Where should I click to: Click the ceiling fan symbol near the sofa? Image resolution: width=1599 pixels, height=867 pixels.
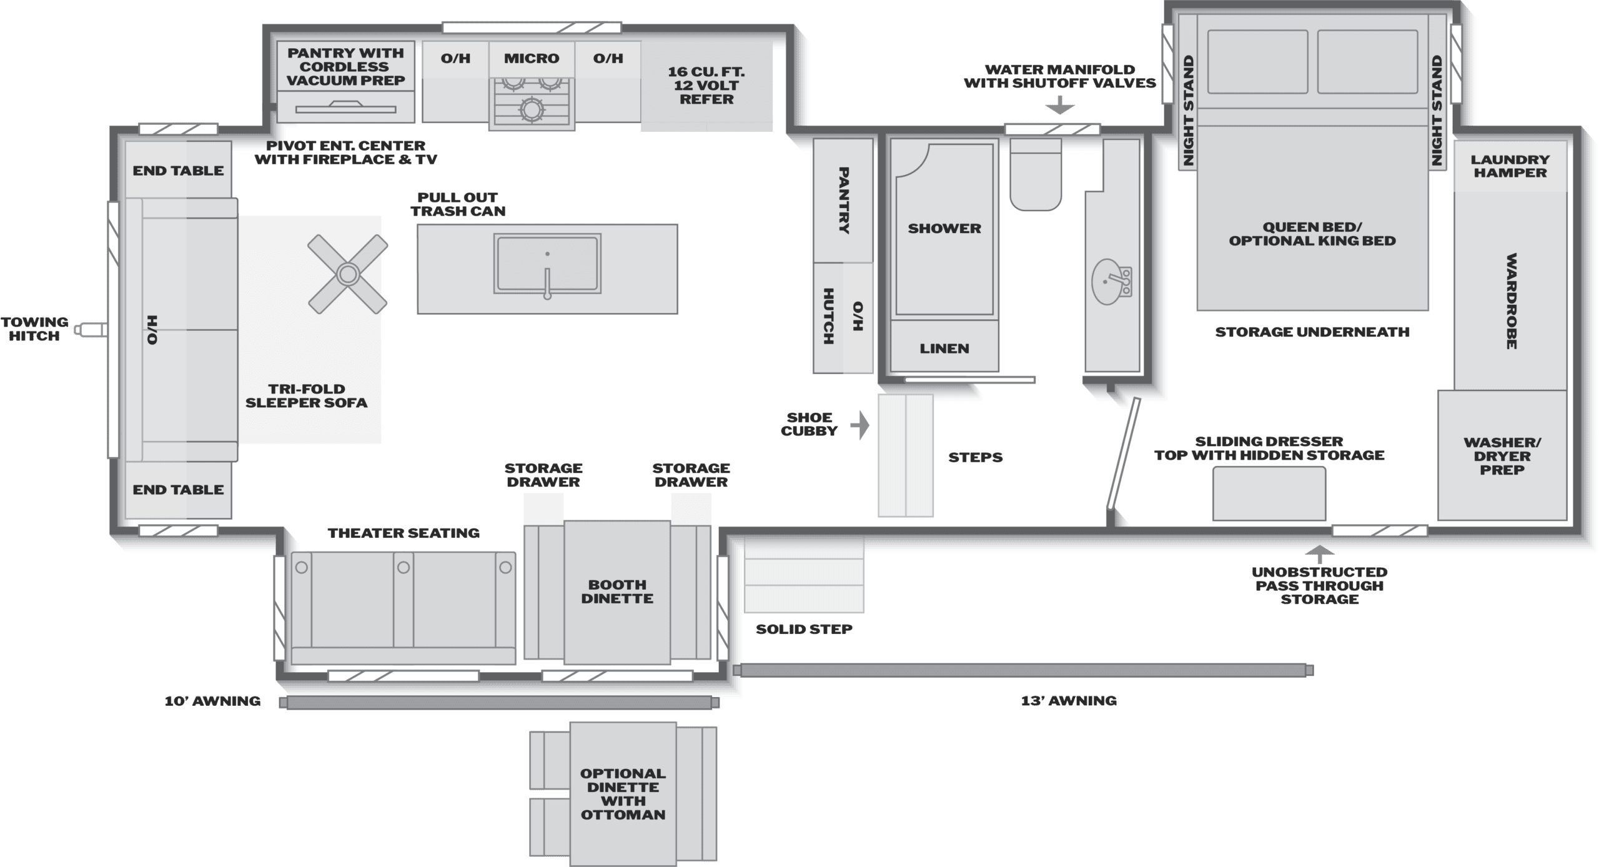point(347,274)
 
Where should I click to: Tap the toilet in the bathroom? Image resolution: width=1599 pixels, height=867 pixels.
point(1036,174)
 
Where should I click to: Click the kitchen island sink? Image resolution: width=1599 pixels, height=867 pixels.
point(547,264)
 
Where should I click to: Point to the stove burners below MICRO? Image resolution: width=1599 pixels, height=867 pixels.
point(532,101)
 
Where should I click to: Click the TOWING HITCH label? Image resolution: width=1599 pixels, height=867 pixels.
point(34,329)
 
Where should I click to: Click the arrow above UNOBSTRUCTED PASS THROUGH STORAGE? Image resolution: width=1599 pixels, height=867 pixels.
point(1319,555)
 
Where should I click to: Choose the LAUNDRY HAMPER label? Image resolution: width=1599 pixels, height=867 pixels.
point(1510,166)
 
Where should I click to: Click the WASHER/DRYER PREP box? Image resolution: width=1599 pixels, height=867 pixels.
point(1502,455)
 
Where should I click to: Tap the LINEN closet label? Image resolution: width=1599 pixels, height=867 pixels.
point(944,349)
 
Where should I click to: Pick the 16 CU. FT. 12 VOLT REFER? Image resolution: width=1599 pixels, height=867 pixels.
point(706,86)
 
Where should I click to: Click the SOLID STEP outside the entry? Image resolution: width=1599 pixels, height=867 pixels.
point(804,575)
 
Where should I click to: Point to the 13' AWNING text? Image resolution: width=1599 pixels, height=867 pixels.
point(1069,701)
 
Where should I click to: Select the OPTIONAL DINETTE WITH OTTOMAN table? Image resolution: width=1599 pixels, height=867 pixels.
point(623,794)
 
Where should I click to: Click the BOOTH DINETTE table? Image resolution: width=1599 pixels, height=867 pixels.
point(617,592)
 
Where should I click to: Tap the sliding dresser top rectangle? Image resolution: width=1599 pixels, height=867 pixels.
point(1269,493)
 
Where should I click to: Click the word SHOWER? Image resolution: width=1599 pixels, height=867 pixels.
point(944,229)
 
